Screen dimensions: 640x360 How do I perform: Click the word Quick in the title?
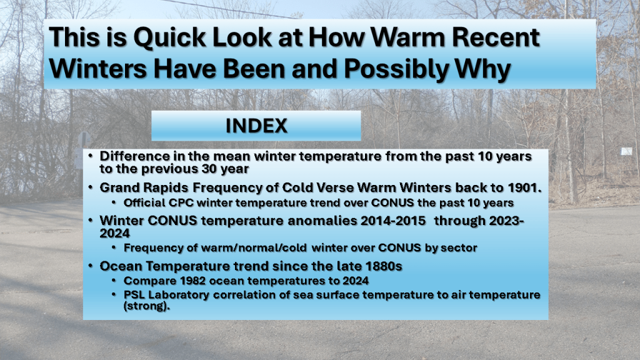click(x=170, y=38)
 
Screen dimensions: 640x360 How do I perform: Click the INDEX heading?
click(x=256, y=126)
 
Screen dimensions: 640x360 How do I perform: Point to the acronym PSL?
click(x=134, y=295)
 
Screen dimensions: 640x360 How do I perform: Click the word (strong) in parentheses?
click(x=146, y=306)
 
